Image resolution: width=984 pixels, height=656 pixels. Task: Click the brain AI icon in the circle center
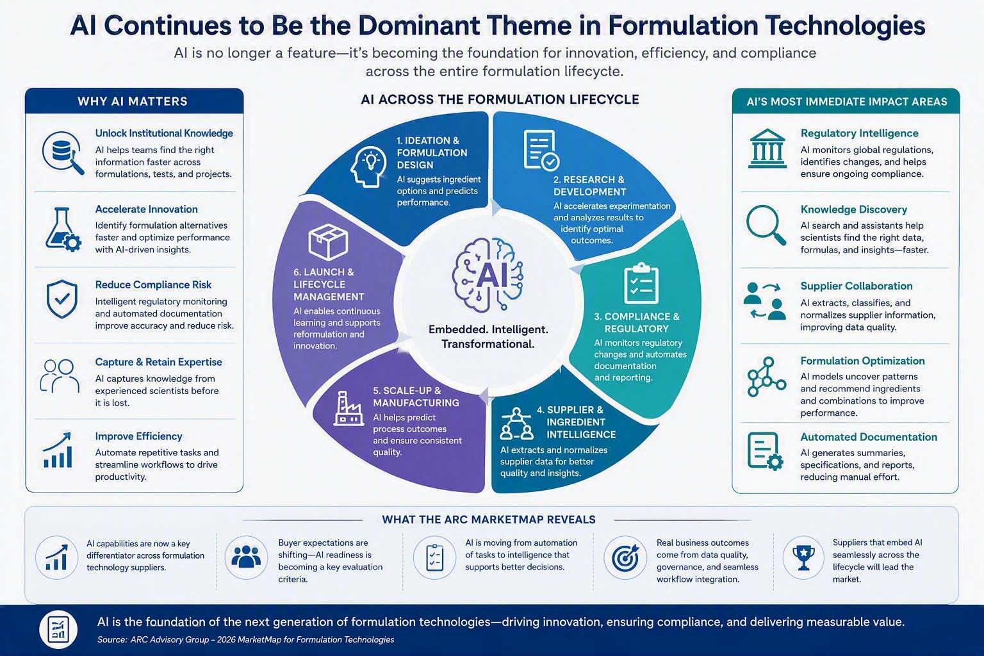(488, 275)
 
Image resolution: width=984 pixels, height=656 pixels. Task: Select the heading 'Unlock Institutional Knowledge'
(164, 133)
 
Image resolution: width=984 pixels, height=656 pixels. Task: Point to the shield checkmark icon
(62, 299)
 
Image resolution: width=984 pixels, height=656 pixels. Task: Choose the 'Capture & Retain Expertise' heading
(159, 362)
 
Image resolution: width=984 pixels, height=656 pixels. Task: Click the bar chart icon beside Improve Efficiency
(58, 450)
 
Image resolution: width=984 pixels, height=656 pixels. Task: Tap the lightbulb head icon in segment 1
(368, 167)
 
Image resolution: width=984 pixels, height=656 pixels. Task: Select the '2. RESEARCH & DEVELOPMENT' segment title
(589, 186)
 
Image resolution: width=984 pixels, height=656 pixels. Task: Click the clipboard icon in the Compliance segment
(641, 283)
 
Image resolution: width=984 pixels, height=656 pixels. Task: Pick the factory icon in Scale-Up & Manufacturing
(348, 409)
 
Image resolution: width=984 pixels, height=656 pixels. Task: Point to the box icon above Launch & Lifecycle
(328, 242)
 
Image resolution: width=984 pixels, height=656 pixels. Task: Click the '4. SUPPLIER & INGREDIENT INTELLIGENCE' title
(576, 422)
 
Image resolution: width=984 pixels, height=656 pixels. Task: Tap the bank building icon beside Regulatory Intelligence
(767, 149)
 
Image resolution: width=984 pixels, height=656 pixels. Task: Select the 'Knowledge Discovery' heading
(853, 209)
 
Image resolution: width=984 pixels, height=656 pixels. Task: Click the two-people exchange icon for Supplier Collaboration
(765, 301)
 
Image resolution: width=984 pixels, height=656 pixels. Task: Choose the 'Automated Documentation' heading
(869, 437)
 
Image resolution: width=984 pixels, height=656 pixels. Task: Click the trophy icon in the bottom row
(803, 558)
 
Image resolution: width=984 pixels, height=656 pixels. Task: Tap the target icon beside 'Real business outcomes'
(625, 558)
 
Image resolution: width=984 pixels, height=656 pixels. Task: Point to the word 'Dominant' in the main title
(418, 25)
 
